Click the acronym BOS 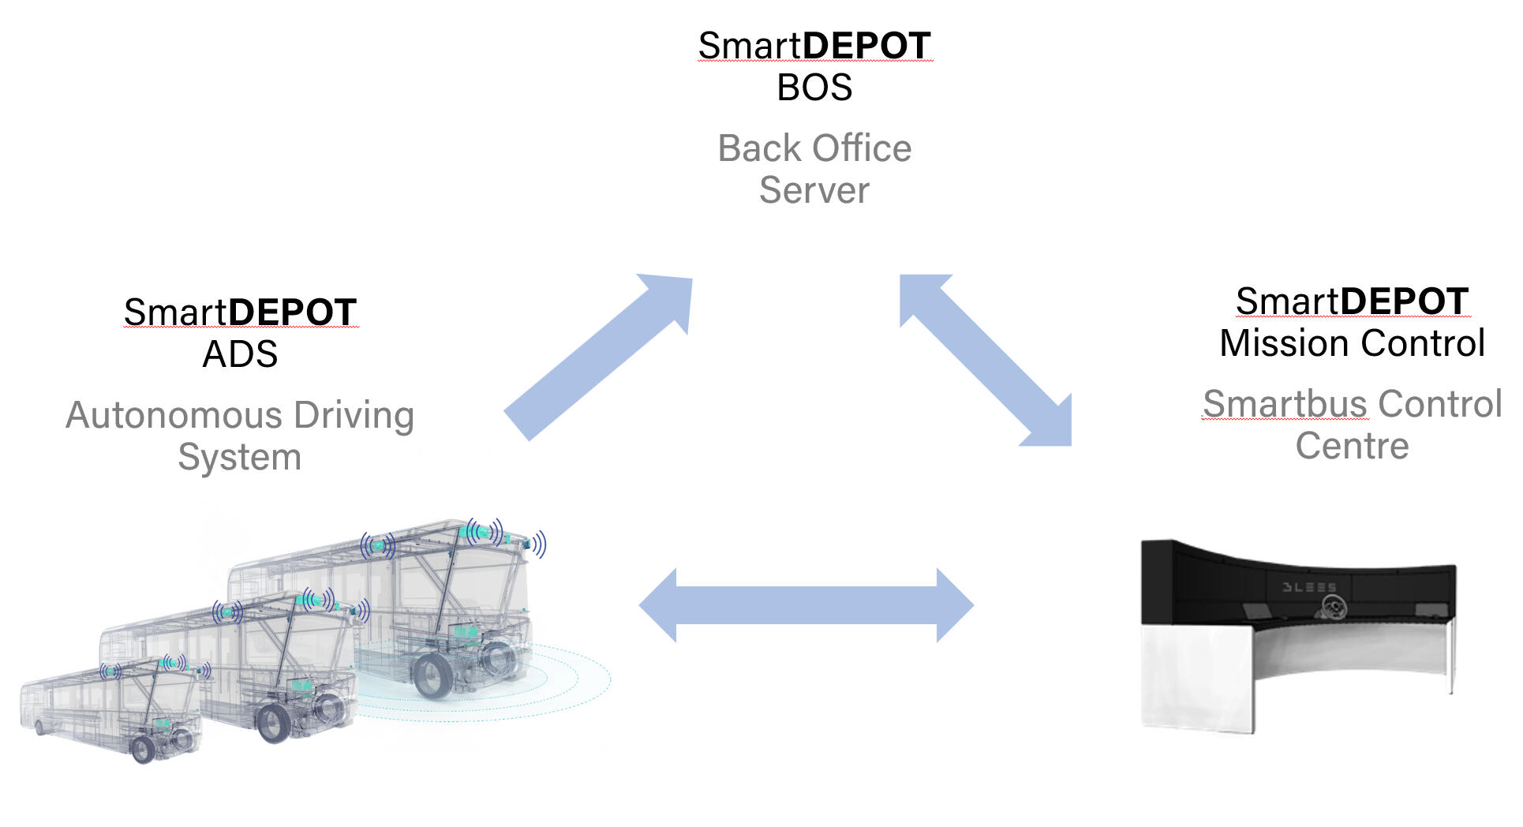click(x=814, y=88)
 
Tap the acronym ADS click(x=240, y=354)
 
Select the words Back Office click(x=814, y=148)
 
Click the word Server click(x=814, y=190)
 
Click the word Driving click(x=354, y=415)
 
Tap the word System click(x=240, y=457)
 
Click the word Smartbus click(x=1285, y=404)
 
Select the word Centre click(x=1352, y=446)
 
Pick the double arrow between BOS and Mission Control click(x=986, y=361)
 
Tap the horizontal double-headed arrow click(x=806, y=605)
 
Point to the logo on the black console click(x=1334, y=606)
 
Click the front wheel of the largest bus click(x=433, y=677)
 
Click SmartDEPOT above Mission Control click(x=1352, y=301)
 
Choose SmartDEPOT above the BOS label click(x=814, y=46)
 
